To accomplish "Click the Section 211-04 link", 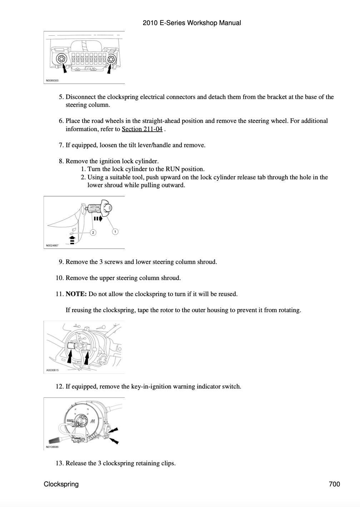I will [142, 129].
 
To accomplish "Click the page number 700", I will [334, 484].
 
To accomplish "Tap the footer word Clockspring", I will [61, 484].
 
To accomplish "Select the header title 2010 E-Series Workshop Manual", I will [192, 23].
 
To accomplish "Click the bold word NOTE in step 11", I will [76, 294].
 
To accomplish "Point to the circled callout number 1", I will [115, 231].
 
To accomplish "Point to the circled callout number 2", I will [93, 232].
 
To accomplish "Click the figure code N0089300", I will [52, 81].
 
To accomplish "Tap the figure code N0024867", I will [52, 245].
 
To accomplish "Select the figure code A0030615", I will [52, 370].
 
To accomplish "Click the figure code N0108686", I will [52, 447].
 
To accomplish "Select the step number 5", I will [61, 97].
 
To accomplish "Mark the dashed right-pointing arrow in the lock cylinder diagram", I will [98, 218].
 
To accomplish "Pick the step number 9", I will [61, 262].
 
